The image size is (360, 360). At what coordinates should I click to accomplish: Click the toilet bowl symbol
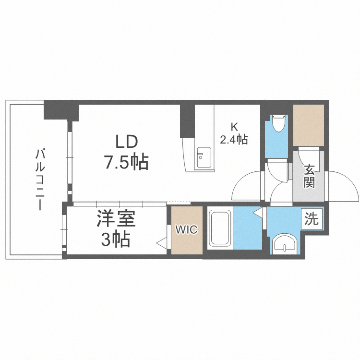coord(278,123)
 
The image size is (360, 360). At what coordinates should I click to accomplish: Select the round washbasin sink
coord(285,244)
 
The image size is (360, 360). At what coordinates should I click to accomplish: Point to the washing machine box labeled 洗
coord(312,219)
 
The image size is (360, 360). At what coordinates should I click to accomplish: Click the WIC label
coord(187,229)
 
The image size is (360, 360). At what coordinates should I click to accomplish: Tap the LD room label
coord(127,142)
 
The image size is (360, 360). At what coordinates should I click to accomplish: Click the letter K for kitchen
coord(234,127)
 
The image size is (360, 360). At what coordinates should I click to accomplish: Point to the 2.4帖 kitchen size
coord(234,139)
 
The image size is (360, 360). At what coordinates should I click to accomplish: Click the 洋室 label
coord(116,218)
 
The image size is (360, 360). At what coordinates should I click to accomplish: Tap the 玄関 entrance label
coord(309,176)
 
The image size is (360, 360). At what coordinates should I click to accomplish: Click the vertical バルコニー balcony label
coord(40,180)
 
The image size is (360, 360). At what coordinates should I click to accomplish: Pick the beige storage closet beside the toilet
coord(309,125)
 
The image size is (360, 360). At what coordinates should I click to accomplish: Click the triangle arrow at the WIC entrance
coord(163,243)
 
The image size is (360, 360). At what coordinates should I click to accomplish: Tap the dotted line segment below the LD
coord(179,203)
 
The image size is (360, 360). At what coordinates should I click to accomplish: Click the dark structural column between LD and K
coord(187,121)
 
